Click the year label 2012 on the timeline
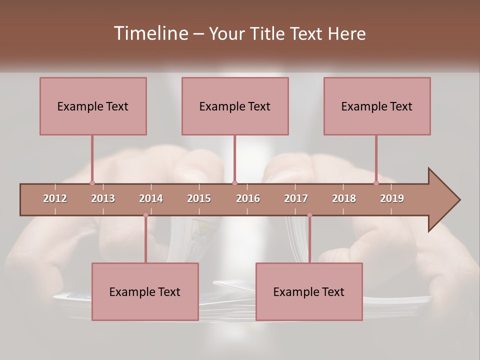coord(55,198)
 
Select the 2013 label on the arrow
coord(103,198)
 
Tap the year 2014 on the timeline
coord(151,198)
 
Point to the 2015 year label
coord(199,198)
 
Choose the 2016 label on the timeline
coord(248,198)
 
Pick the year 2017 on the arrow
coord(296,198)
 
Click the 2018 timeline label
coord(344,198)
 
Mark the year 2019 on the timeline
coord(392,198)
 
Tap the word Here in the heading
coord(346,33)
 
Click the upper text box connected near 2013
coord(93,106)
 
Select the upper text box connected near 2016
coord(235,106)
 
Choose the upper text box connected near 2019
coord(377,106)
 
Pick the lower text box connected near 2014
coord(145,291)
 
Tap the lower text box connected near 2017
coord(309,291)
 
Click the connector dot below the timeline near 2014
coord(145,215)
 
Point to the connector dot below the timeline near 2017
coord(309,215)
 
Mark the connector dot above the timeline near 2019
coord(376,183)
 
